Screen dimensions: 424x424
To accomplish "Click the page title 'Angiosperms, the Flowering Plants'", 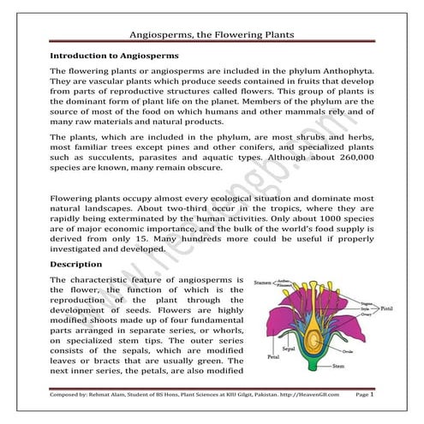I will click(x=211, y=34).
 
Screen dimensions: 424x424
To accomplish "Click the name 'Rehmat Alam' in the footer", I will click(x=111, y=395).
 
